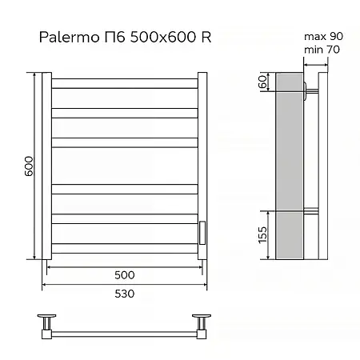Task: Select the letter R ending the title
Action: tap(206, 38)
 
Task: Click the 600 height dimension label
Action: tap(28, 166)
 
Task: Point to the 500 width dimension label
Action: tap(124, 274)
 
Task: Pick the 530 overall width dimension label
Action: tap(124, 294)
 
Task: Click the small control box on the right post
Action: tap(202, 233)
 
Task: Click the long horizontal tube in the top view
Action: tap(124, 329)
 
